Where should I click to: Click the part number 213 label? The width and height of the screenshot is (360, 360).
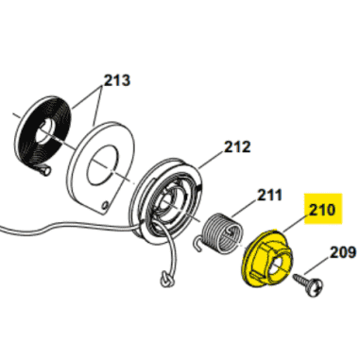click(117, 80)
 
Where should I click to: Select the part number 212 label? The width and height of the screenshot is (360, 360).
click(237, 146)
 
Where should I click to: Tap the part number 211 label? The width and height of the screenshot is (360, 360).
click(270, 196)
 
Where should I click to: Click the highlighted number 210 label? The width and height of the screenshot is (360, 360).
click(323, 209)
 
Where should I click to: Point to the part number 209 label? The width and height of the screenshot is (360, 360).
click(343, 252)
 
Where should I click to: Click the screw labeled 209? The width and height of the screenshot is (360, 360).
click(308, 284)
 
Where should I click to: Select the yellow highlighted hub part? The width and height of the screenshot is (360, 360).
click(266, 258)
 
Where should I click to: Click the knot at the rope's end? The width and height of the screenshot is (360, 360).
click(165, 279)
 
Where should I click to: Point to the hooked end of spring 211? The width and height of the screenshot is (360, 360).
click(197, 245)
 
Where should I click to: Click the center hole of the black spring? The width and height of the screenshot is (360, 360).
click(45, 130)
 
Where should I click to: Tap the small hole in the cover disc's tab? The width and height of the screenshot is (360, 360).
click(105, 206)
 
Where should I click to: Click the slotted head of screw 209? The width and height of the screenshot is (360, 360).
click(315, 288)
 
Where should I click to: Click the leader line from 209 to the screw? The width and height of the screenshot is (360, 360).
click(317, 266)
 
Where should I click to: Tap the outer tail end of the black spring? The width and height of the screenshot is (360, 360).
click(44, 170)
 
